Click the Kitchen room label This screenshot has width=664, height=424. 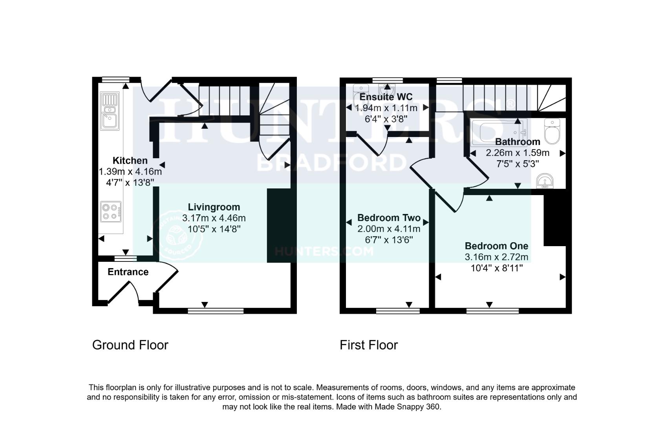[x=130, y=161]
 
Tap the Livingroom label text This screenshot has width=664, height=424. [x=214, y=207]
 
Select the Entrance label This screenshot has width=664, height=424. [x=128, y=272]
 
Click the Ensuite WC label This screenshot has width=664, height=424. [x=386, y=97]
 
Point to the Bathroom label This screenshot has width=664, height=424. [x=517, y=142]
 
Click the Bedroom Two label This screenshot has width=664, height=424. [x=389, y=218]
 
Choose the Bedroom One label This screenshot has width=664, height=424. [x=496, y=246]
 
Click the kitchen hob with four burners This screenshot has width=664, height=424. [x=110, y=211]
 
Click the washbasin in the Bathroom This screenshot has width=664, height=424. [x=545, y=181]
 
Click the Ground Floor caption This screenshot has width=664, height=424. [x=130, y=345]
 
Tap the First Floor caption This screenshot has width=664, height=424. [x=368, y=345]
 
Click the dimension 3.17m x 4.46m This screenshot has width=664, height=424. [x=214, y=218]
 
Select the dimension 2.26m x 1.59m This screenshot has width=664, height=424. [x=517, y=153]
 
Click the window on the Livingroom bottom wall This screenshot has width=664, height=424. [x=216, y=311]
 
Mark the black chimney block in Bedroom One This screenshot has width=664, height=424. [x=555, y=220]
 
